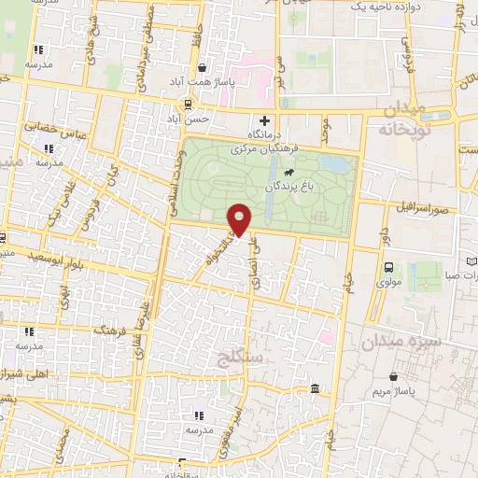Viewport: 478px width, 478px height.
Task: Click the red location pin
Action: point(240,218)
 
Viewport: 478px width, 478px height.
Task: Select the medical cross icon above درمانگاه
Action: point(265,120)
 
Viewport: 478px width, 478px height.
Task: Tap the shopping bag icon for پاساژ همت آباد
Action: point(203,67)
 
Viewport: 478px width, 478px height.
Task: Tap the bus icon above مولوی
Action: point(388,267)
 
